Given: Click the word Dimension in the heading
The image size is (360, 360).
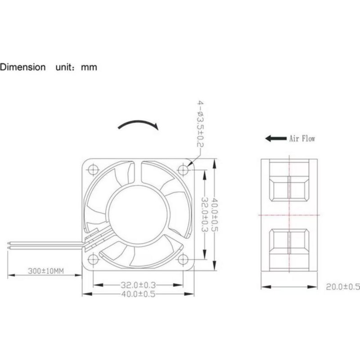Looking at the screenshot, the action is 23,67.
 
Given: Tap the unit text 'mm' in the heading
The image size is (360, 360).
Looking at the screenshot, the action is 89,67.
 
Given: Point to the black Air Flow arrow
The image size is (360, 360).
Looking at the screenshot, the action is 276,139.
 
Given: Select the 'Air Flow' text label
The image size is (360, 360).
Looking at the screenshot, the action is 302,139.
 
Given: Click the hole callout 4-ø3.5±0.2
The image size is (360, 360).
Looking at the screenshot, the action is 200,124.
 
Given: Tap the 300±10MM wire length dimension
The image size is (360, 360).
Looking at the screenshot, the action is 46,271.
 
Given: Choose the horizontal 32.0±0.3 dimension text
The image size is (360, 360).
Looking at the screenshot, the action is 138,285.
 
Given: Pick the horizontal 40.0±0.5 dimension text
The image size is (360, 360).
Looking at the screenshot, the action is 138,294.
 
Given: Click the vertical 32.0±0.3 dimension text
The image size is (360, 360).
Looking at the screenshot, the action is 205,214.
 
